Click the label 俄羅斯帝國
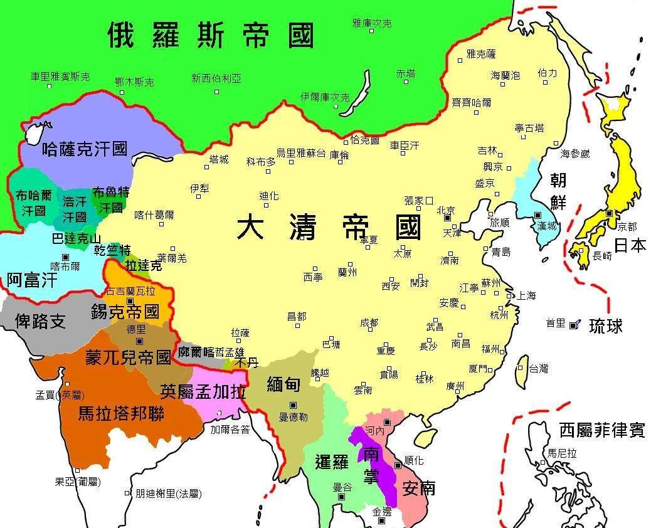[210, 35]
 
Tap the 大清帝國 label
[329, 227]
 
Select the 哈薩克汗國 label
[84, 149]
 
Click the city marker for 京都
[609, 214]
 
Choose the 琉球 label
[605, 325]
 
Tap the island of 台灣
[521, 371]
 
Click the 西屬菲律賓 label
[601, 430]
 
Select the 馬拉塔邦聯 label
[120, 414]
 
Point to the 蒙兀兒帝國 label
[128, 358]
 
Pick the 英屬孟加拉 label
[203, 391]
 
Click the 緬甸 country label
[283, 384]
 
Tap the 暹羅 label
[331, 463]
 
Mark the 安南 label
[418, 487]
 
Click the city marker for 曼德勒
[293, 403]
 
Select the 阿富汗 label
[32, 280]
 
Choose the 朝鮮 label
[558, 190]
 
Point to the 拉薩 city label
[240, 333]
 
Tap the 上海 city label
[526, 295]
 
